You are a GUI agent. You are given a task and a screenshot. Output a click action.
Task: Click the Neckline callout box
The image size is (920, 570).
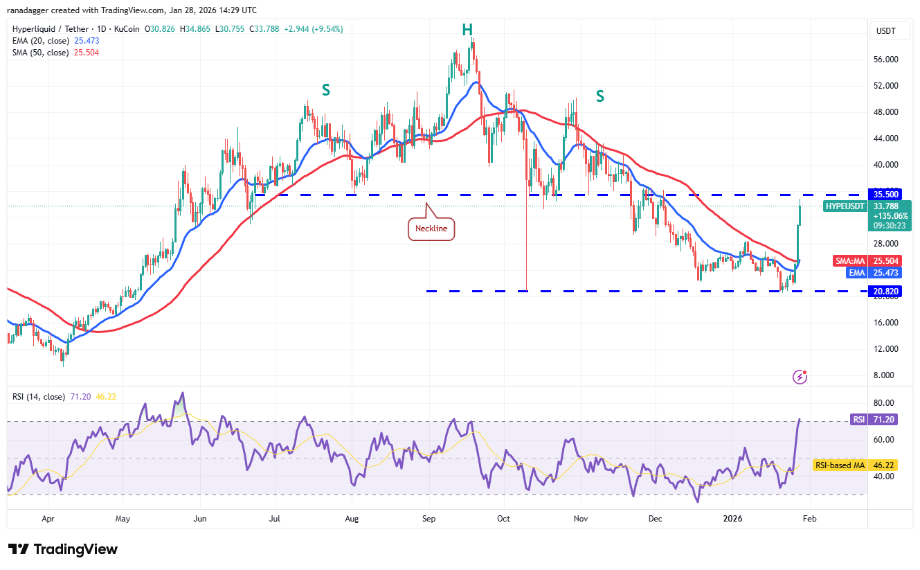[x=431, y=228]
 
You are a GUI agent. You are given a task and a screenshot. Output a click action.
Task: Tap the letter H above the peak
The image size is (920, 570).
[x=467, y=29]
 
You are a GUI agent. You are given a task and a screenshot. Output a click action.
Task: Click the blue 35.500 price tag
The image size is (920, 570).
[x=887, y=195]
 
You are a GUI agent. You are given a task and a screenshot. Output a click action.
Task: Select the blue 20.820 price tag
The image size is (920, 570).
[x=887, y=292]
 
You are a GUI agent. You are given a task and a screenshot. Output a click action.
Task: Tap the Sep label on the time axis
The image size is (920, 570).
[x=429, y=518]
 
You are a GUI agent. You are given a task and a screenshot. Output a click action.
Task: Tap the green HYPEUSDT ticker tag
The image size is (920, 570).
[x=845, y=206]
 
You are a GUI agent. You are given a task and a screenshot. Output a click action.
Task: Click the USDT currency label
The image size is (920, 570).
[x=886, y=30]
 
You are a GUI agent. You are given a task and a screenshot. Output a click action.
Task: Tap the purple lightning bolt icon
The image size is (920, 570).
[x=800, y=377]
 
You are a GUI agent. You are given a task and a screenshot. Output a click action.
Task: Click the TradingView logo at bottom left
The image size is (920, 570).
[x=63, y=549]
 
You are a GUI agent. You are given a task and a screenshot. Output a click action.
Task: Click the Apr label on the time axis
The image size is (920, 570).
[x=48, y=518]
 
